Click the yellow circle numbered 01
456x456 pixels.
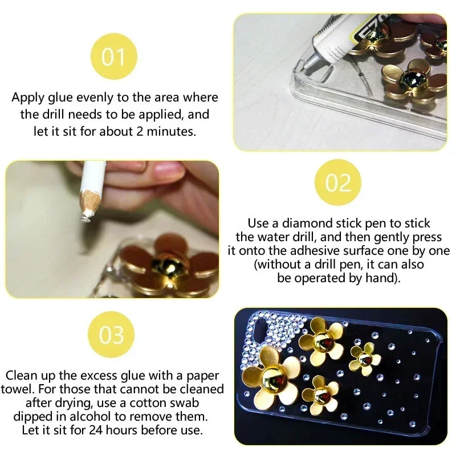(x=113, y=56)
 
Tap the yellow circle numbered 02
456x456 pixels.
(x=338, y=182)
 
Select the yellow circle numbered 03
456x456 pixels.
(x=111, y=335)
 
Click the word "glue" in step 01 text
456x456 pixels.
(x=60, y=97)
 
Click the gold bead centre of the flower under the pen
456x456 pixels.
(x=169, y=265)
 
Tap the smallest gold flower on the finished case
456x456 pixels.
(x=365, y=359)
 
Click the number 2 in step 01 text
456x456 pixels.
(x=140, y=132)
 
